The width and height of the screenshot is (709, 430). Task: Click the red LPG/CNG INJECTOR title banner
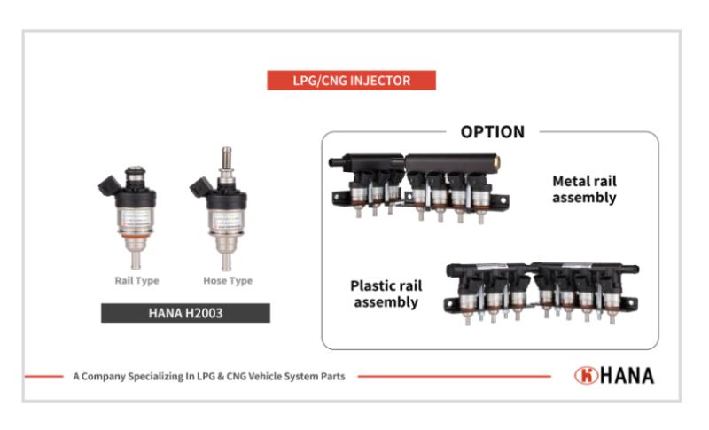[x=352, y=81]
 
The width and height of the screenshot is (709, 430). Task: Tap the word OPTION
[x=493, y=132]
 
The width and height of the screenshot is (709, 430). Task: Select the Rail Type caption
[x=136, y=281]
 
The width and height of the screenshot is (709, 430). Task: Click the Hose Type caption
[x=228, y=281]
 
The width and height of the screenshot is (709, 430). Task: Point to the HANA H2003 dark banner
[x=185, y=313]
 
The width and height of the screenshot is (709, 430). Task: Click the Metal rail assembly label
[x=583, y=189]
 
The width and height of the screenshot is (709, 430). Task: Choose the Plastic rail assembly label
[x=385, y=293]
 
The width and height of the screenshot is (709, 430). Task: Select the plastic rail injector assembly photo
[x=542, y=289]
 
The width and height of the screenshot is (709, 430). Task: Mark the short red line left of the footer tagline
[x=43, y=376]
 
